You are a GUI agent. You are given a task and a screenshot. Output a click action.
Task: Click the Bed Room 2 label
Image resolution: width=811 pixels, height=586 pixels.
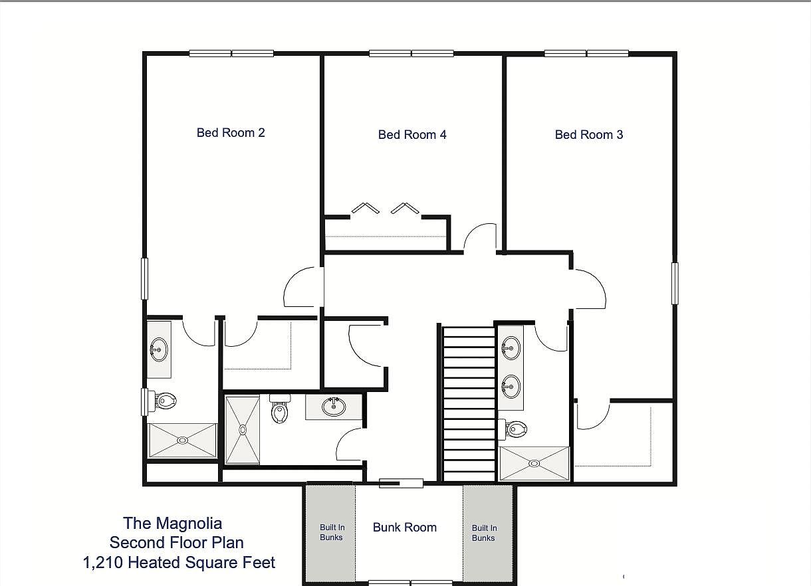(x=231, y=133)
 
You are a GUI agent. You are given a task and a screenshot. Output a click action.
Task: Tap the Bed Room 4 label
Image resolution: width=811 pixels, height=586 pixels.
(x=412, y=135)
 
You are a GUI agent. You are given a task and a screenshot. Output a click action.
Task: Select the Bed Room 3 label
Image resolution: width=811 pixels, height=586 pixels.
(x=589, y=135)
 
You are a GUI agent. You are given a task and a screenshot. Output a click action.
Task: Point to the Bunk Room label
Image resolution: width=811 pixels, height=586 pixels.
(x=404, y=528)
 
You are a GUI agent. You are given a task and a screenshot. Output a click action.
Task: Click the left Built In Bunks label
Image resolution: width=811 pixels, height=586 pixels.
(x=332, y=532)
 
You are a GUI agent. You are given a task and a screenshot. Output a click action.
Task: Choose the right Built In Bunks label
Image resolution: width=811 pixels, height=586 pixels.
(x=484, y=533)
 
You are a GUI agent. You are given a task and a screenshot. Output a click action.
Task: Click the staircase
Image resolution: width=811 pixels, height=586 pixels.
(x=469, y=402)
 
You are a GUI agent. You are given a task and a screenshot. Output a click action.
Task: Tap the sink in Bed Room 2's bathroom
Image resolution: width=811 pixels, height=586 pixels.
(x=159, y=348)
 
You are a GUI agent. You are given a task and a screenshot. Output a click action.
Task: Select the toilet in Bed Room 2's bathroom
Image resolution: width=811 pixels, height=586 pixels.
(x=164, y=401)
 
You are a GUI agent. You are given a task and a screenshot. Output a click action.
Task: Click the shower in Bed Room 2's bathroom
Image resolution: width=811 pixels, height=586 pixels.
(x=182, y=440)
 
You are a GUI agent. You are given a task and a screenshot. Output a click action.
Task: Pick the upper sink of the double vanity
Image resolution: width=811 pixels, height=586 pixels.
(x=511, y=346)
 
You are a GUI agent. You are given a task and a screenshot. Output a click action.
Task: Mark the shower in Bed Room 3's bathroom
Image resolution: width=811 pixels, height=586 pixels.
(x=534, y=463)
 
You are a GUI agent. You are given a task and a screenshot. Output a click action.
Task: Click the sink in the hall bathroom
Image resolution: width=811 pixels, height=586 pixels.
(x=333, y=405)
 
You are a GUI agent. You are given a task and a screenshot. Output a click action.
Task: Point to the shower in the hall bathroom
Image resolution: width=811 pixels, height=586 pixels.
(x=242, y=430)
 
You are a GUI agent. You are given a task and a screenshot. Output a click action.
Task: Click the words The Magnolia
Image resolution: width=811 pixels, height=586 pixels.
(x=172, y=524)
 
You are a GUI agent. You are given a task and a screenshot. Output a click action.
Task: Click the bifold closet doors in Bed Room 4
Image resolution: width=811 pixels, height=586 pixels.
(x=386, y=208)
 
